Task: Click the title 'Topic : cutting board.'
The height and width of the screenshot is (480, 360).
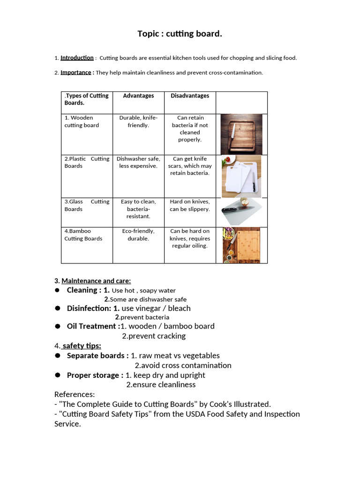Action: click(180, 34)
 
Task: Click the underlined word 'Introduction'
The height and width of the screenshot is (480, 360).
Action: click(77, 58)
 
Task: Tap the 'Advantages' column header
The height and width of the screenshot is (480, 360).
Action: click(138, 96)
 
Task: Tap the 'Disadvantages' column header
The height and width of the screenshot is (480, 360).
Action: click(190, 96)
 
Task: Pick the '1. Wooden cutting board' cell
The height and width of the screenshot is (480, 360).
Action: click(82, 121)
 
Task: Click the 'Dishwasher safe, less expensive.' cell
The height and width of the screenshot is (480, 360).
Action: click(138, 162)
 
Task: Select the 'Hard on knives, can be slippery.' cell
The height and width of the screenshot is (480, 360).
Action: click(190, 205)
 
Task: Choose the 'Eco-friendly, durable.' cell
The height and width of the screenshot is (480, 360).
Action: click(138, 234)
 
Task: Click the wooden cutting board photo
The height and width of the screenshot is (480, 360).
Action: click(241, 134)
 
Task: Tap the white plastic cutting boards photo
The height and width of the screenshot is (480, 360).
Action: click(241, 176)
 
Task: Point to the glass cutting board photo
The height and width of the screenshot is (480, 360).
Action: click(242, 212)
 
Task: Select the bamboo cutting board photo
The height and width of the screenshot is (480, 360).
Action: click(241, 245)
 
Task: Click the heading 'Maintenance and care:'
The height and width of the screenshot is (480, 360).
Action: click(96, 281)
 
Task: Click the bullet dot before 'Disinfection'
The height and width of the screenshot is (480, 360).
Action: click(57, 308)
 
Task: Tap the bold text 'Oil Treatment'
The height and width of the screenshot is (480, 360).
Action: click(92, 326)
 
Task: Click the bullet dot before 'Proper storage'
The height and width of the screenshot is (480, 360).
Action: click(57, 375)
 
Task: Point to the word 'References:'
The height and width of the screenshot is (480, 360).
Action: click(75, 395)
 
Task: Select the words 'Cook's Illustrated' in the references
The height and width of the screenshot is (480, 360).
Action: click(239, 404)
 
